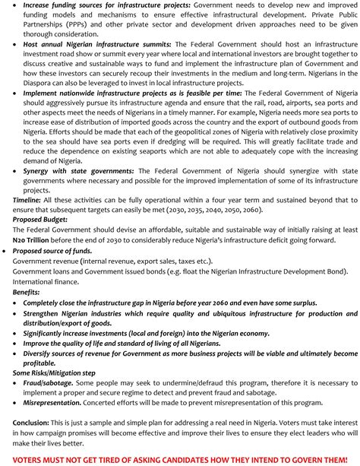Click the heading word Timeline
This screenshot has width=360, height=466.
tap(27, 198)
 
